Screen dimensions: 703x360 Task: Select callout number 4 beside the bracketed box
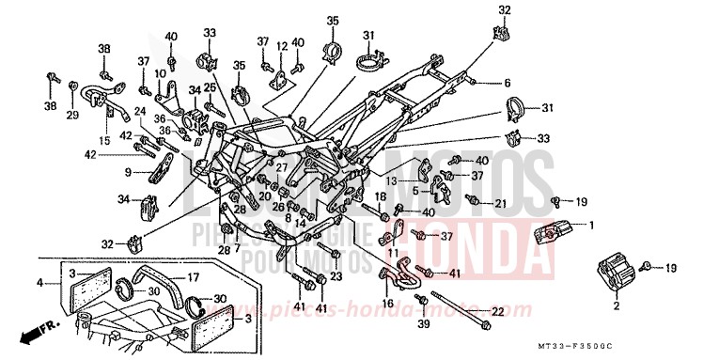(x=40, y=282)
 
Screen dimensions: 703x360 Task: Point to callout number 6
(x=508, y=83)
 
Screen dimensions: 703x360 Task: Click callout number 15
(x=104, y=140)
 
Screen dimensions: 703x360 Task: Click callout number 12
(x=282, y=44)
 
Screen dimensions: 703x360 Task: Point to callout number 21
(x=500, y=203)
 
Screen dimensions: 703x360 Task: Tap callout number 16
(x=388, y=305)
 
